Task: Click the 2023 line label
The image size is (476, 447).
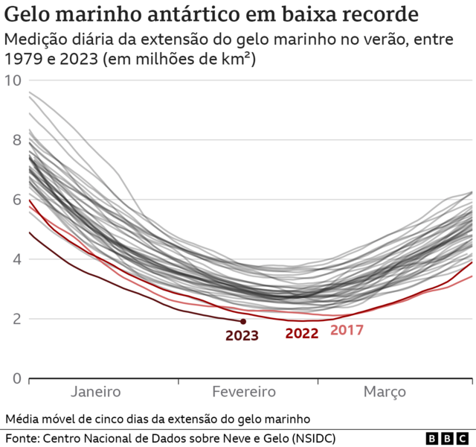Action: pos(242,336)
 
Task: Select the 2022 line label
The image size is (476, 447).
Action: pos(302,334)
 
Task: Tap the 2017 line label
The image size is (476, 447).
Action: pos(347,329)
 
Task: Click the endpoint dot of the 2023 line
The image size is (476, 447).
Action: pos(243,321)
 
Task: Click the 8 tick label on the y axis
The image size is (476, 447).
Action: pos(16,140)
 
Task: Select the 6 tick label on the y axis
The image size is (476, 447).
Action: pos(16,200)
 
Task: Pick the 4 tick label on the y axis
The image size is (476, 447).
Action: pos(16,259)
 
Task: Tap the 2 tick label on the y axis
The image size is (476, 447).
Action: pos(16,319)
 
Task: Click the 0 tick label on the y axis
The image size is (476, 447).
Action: pos(16,378)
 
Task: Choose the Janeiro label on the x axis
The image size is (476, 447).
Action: pos(96,392)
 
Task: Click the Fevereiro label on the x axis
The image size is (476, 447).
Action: pos(244,392)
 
